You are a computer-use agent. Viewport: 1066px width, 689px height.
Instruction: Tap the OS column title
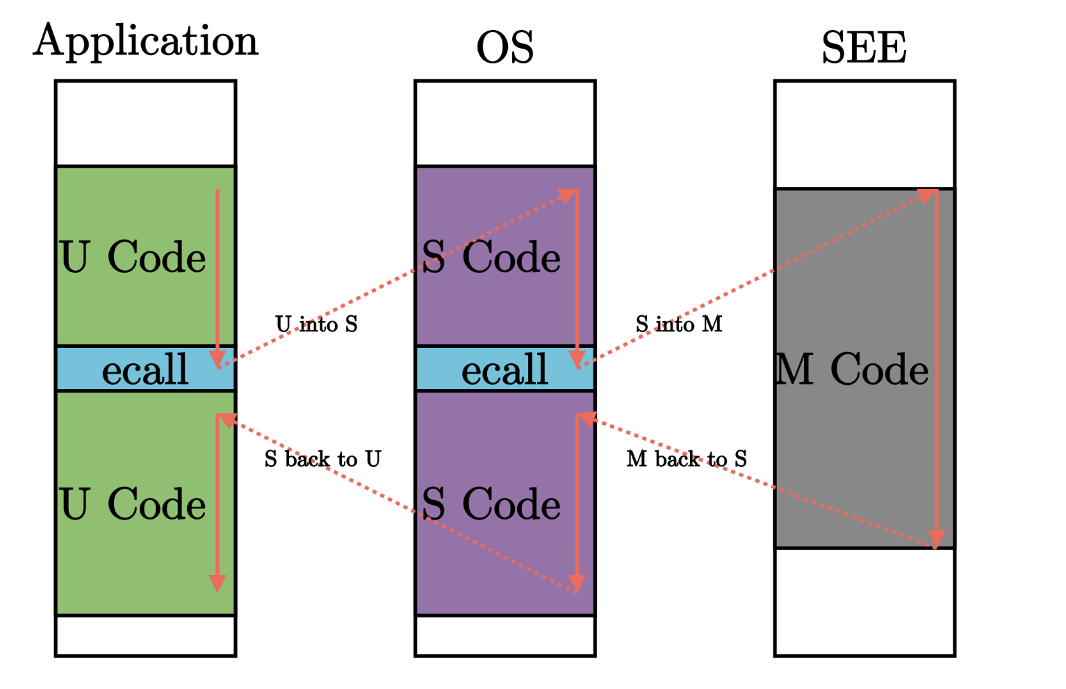click(x=505, y=49)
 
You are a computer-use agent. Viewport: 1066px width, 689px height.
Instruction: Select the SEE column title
click(x=864, y=49)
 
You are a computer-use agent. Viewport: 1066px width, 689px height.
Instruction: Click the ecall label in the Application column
click(x=145, y=370)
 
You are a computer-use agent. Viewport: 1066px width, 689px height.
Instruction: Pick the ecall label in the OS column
click(x=505, y=370)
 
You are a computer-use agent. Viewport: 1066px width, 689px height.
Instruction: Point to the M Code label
click(x=852, y=370)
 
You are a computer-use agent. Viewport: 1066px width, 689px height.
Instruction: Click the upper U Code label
click(x=133, y=258)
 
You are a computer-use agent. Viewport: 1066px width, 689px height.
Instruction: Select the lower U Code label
click(x=133, y=504)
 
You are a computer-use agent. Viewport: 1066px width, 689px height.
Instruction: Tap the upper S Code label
click(x=491, y=258)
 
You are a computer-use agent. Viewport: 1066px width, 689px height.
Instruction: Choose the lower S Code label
click(x=491, y=504)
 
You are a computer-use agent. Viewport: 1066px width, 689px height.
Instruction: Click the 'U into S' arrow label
click(x=316, y=324)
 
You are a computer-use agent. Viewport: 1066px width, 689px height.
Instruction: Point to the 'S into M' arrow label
click(x=679, y=324)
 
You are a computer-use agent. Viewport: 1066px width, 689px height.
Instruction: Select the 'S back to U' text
click(x=322, y=459)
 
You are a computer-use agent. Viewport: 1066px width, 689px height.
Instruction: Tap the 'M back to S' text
click(x=687, y=459)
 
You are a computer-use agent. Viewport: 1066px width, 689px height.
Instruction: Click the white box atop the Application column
click(x=145, y=124)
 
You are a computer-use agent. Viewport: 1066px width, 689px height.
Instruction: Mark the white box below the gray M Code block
click(x=864, y=601)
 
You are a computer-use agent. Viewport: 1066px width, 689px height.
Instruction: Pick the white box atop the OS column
click(x=505, y=124)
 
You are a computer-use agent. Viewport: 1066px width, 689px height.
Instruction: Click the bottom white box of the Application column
click(x=145, y=636)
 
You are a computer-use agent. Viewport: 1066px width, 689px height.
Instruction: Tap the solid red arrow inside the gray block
click(x=937, y=368)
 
